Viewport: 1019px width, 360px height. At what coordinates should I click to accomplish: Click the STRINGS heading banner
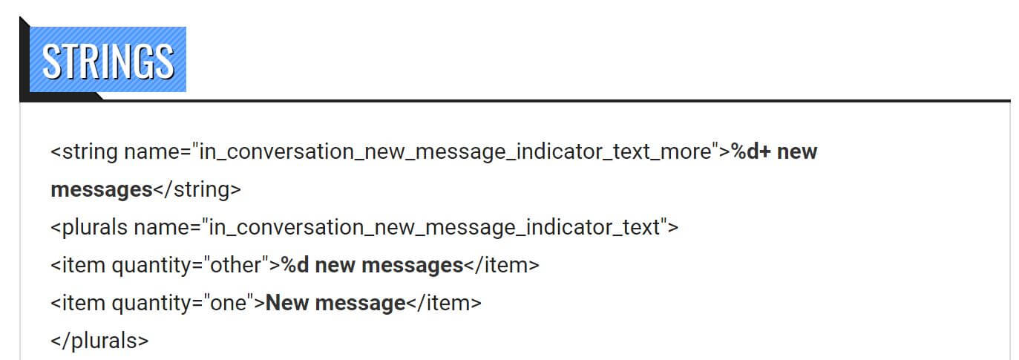click(108, 60)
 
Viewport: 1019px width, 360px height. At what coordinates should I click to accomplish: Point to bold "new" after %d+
click(797, 152)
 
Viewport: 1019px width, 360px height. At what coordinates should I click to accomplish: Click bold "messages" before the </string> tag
click(101, 190)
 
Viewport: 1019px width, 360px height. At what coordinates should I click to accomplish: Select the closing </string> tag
click(197, 190)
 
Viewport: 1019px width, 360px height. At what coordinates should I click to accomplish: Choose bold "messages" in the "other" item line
click(412, 266)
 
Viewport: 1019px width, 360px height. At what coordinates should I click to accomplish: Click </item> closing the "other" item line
click(502, 266)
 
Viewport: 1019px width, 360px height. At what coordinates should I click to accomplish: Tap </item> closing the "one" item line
click(444, 304)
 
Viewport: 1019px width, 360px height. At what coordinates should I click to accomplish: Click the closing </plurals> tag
click(99, 341)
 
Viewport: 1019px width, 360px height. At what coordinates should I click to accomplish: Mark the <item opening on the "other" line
click(78, 266)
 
